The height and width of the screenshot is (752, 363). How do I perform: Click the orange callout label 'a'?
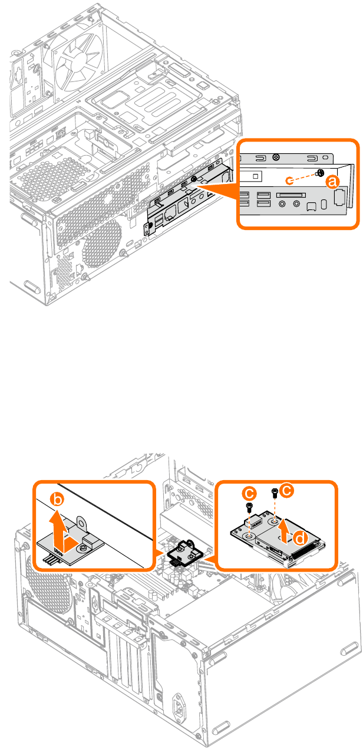click(332, 182)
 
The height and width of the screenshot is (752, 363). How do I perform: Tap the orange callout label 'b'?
click(57, 500)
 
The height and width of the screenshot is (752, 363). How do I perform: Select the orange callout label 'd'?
click(301, 538)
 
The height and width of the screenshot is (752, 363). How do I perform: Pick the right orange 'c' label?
click(287, 490)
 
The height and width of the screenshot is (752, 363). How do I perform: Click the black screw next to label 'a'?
click(321, 173)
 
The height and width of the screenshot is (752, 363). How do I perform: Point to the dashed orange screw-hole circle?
click(289, 181)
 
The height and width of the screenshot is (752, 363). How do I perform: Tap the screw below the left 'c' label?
click(249, 507)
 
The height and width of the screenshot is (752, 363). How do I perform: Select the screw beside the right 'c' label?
click(275, 492)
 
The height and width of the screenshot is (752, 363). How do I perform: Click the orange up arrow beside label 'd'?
click(285, 531)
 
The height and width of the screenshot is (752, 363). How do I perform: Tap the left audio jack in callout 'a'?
click(282, 204)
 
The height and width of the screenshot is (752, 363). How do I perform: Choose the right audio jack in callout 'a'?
click(296, 204)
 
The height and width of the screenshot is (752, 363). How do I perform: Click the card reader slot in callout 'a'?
click(291, 195)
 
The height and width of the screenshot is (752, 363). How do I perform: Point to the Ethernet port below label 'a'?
click(339, 198)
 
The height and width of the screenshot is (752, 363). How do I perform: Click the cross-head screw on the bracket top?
click(276, 157)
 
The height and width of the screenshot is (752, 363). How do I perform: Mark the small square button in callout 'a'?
click(255, 176)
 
